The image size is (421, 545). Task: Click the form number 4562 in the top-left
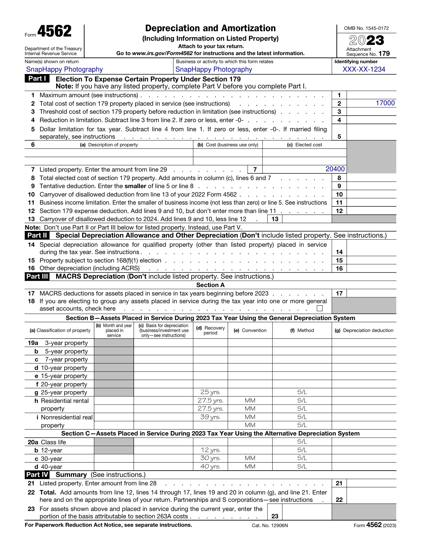click(x=54, y=32)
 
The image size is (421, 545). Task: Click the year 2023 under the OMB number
click(x=366, y=40)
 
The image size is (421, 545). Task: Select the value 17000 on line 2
click(x=385, y=103)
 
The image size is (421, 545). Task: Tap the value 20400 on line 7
click(x=335, y=169)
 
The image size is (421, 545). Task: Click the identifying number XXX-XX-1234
click(x=364, y=69)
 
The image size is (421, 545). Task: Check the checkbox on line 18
click(x=320, y=308)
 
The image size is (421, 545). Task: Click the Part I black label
click(x=37, y=79)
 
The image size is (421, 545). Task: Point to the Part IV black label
click(x=37, y=475)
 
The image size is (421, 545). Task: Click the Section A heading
click(x=210, y=285)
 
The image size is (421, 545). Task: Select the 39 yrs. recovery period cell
click(x=210, y=417)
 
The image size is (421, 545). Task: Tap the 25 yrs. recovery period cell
click(x=210, y=392)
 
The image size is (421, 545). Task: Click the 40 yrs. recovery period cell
click(x=210, y=466)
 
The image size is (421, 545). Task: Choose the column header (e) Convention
click(x=250, y=330)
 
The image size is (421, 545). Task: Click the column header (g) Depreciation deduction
click(x=364, y=330)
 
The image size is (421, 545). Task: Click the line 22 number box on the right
click(x=339, y=500)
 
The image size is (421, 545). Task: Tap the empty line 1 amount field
click(x=371, y=95)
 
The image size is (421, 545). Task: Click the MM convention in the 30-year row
click(x=250, y=458)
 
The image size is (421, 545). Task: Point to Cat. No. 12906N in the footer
click(x=269, y=525)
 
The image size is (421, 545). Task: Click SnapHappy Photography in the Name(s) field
click(x=65, y=69)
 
